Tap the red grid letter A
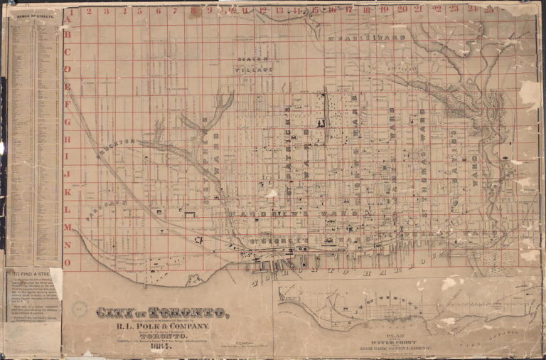pos(69,12)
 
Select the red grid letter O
pos(68,262)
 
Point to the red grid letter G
pos(68,121)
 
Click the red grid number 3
pos(106,11)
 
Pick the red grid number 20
pos(402,10)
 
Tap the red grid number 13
pos(279,11)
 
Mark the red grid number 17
pos(349,11)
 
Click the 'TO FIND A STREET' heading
pos(32,273)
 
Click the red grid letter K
pos(68,191)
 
